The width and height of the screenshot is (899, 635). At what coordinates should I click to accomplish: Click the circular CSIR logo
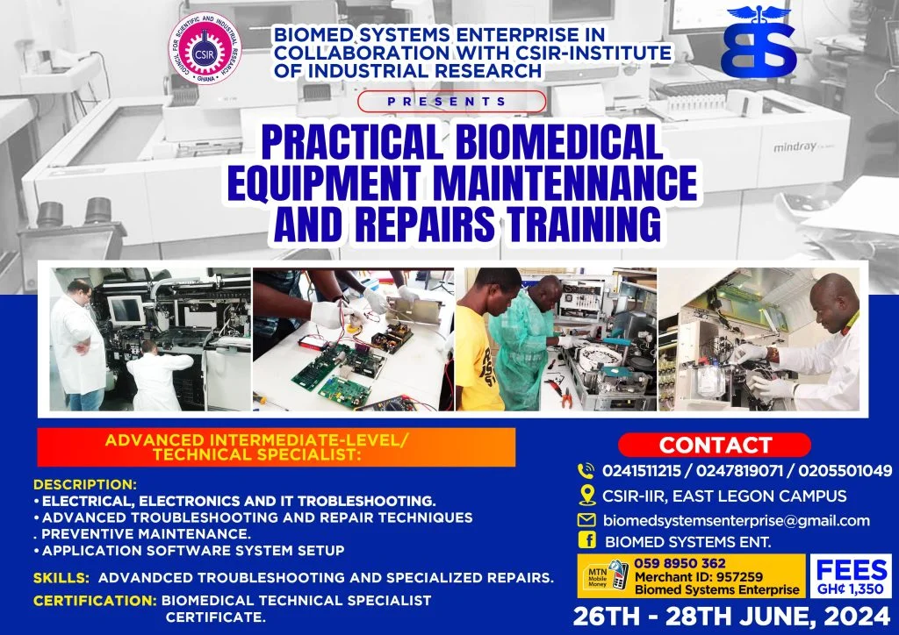click(208, 48)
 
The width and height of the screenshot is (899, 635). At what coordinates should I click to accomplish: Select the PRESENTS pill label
click(452, 102)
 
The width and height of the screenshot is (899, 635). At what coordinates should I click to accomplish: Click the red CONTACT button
click(716, 445)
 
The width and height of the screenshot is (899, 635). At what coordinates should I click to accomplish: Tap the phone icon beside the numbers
click(586, 470)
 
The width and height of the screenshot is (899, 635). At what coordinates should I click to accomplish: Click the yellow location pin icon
click(586, 496)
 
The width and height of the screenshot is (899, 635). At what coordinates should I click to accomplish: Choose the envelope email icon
click(586, 520)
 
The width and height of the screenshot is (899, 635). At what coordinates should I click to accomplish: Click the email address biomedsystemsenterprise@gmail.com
click(736, 520)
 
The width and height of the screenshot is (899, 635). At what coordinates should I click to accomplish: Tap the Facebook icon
click(586, 542)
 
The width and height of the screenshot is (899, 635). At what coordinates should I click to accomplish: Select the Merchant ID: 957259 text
click(698, 576)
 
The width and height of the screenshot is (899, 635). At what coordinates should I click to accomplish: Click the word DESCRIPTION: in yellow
click(85, 484)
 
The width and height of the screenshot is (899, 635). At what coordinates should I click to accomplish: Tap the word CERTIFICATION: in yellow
click(95, 601)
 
